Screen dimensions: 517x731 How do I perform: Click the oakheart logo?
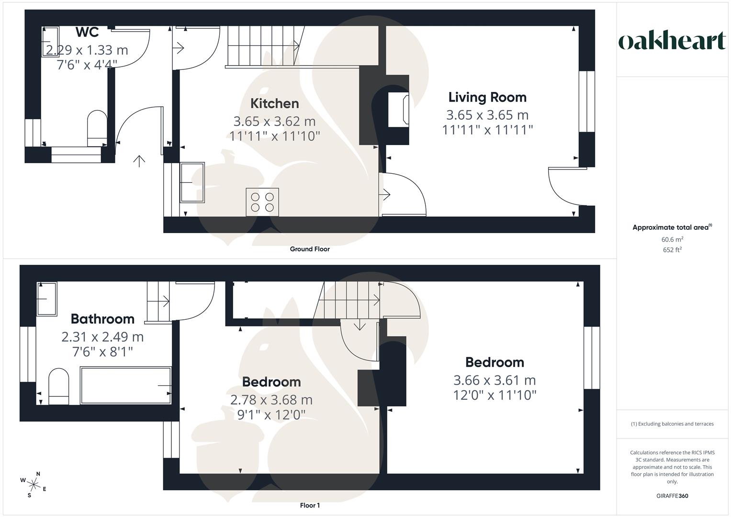(x=672, y=41)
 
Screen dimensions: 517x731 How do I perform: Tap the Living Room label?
(x=487, y=97)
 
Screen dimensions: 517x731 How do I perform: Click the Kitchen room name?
(x=275, y=103)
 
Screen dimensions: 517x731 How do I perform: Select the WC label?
(x=87, y=32)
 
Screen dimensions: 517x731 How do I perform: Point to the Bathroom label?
(x=102, y=319)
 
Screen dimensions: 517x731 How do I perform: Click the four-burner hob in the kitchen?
(x=262, y=202)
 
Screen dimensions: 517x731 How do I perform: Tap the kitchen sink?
(x=192, y=182)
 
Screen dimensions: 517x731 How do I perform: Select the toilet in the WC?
(x=97, y=128)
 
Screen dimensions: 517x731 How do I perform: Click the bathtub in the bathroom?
(x=125, y=385)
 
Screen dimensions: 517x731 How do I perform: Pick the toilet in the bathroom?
(x=58, y=386)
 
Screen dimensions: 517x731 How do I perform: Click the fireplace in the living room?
(x=398, y=111)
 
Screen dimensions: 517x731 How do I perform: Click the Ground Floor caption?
(x=310, y=249)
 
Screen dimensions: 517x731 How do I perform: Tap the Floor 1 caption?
(x=310, y=506)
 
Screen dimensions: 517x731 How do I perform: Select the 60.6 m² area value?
(x=672, y=239)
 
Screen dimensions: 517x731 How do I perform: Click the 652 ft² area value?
(x=672, y=249)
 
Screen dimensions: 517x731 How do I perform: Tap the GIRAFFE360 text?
(x=672, y=496)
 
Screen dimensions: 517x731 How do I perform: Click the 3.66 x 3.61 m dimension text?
(x=495, y=380)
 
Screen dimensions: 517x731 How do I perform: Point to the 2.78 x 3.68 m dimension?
(x=271, y=400)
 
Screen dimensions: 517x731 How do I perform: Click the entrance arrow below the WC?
(x=139, y=161)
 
